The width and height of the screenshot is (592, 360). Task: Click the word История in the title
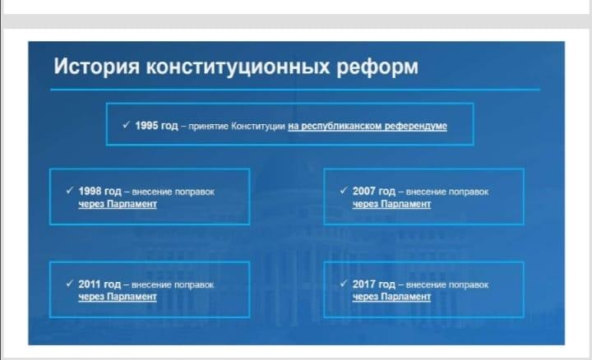click(x=97, y=67)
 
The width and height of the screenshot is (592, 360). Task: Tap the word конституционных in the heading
click(x=238, y=67)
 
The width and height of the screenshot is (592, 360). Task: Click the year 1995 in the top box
click(x=146, y=125)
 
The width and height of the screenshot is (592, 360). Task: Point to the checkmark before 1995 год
click(x=126, y=125)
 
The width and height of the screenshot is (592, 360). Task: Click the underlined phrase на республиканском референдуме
click(x=368, y=126)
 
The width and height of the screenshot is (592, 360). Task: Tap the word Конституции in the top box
click(x=258, y=126)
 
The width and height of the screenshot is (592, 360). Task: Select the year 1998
click(x=90, y=191)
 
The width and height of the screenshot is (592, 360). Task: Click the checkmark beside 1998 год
click(x=69, y=190)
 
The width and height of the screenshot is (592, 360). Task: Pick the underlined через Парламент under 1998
click(x=118, y=204)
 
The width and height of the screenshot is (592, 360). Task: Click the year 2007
click(x=364, y=191)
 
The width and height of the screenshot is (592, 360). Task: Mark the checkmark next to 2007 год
click(x=344, y=190)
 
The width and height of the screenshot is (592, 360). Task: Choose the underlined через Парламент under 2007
click(x=391, y=204)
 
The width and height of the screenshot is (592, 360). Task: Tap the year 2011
click(x=89, y=284)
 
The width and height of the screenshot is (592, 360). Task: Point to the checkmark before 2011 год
click(x=69, y=283)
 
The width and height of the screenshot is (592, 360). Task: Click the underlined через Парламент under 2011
click(x=118, y=297)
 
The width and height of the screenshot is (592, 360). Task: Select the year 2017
click(x=364, y=284)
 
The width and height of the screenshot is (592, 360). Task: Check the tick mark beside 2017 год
click(x=344, y=283)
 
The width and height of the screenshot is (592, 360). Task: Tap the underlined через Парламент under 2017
click(x=391, y=297)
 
